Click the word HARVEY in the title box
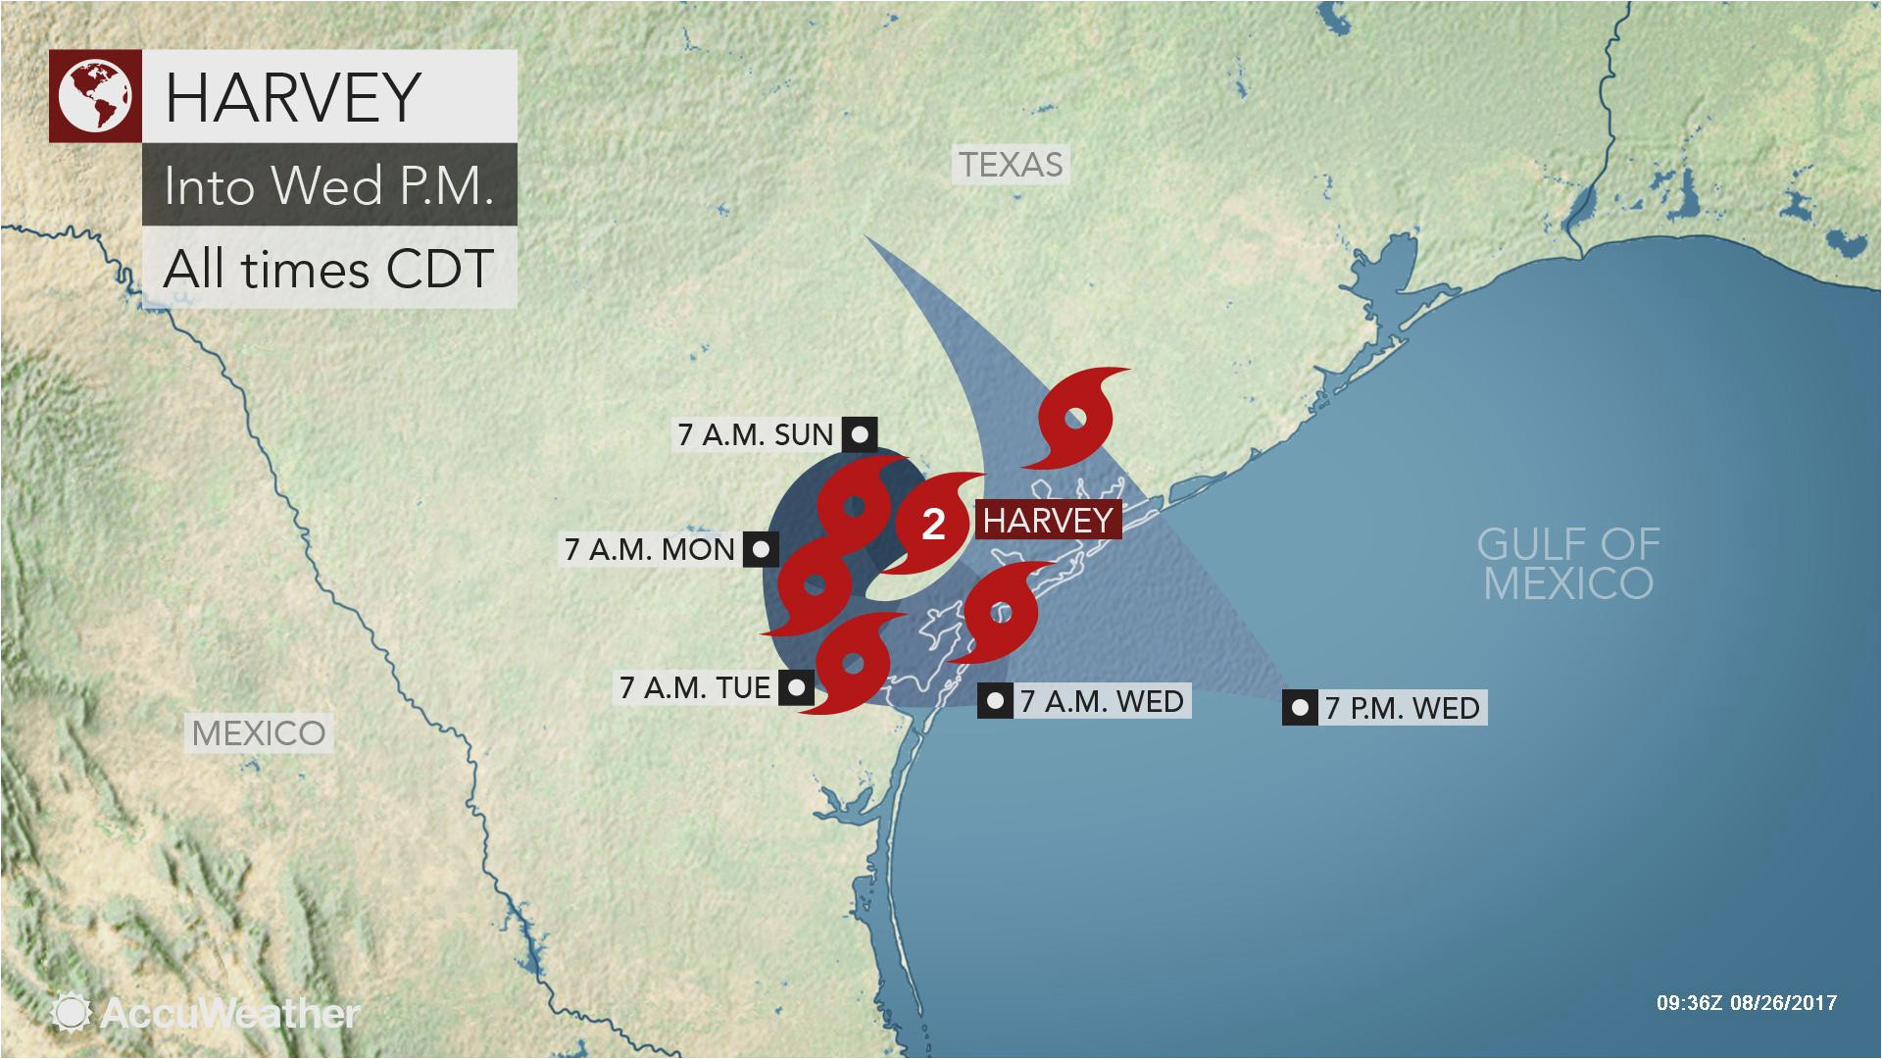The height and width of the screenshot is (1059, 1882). coord(292,96)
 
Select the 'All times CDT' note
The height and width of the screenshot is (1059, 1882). coord(327,268)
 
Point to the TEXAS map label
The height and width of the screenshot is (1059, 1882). coord(1011,165)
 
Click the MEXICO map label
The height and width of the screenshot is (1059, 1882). coord(259,732)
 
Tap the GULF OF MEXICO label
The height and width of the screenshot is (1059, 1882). coord(1568,563)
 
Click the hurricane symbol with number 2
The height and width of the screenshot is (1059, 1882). coord(933,526)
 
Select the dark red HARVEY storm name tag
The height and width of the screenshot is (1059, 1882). coord(1048,520)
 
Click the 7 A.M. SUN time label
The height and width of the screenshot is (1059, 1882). coord(755,434)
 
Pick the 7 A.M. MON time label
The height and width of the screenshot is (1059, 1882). coord(649,549)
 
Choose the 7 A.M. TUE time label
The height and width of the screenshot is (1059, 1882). coord(694,687)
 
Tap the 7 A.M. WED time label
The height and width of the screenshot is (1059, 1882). coord(1102,701)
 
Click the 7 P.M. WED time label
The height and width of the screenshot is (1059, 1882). coord(1402,707)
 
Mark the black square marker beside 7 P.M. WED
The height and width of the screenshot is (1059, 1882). coord(1300,707)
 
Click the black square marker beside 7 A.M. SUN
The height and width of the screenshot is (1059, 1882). coord(861,433)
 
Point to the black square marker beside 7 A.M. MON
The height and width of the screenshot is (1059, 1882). coord(762,549)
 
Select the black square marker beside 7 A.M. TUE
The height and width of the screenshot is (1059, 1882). coord(796,687)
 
